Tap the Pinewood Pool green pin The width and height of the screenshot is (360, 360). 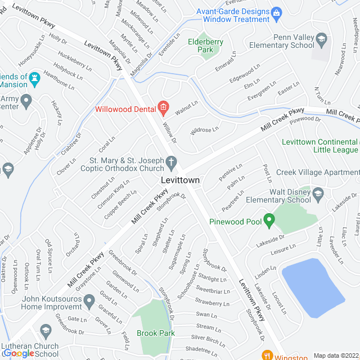coord(269,220)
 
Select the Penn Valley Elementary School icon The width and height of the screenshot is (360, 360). coord(321,39)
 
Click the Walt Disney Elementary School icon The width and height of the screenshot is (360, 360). coord(318,195)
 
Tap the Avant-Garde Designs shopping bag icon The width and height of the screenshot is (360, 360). coord(276,11)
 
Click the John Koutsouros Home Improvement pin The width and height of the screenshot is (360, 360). coord(89,303)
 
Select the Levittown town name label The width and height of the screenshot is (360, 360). coord(181,180)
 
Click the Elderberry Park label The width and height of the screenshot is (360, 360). coord(205,46)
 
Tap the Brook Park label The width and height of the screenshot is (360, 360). coord(155,333)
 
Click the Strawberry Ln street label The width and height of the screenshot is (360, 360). coord(212,303)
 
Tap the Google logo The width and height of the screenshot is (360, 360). coord(19,353)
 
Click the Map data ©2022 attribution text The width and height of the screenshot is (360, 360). coord(335,355)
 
